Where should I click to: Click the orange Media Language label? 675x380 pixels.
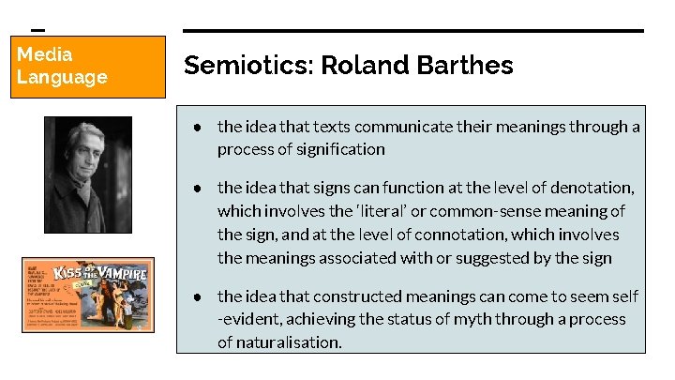[x=89, y=66]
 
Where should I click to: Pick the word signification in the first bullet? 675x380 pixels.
[x=340, y=149]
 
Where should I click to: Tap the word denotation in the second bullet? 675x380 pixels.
[x=588, y=188]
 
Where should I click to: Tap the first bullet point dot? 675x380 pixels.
[x=199, y=127]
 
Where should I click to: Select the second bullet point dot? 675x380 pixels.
[x=199, y=188]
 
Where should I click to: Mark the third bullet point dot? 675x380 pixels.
[x=199, y=296]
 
